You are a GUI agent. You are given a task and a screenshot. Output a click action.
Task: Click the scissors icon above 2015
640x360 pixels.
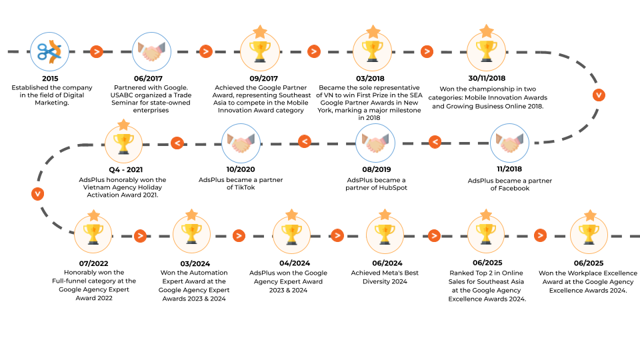(49, 52)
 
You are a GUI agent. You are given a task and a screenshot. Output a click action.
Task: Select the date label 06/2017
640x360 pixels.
(148, 79)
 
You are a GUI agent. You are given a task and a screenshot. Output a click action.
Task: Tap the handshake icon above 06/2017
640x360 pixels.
(151, 52)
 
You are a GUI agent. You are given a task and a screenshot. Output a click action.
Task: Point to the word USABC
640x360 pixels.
(121, 95)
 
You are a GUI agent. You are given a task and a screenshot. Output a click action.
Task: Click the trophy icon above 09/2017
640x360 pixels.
(260, 52)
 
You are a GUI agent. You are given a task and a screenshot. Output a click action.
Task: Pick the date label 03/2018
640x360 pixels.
(370, 79)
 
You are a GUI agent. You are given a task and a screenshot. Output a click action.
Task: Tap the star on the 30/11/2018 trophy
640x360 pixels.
(487, 31)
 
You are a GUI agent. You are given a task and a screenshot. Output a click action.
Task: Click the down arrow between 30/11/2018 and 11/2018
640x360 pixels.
(599, 95)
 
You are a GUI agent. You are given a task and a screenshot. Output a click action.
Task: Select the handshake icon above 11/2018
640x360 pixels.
(509, 143)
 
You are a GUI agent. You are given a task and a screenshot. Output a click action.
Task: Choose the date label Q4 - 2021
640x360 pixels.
(126, 170)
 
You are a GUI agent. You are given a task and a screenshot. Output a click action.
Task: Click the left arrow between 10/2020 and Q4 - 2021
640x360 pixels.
(177, 143)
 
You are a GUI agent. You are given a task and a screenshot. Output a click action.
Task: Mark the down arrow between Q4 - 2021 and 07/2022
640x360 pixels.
(37, 193)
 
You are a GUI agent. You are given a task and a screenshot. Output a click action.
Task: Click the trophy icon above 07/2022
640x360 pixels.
(93, 235)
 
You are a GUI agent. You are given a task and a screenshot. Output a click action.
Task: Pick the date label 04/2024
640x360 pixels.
(295, 263)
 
